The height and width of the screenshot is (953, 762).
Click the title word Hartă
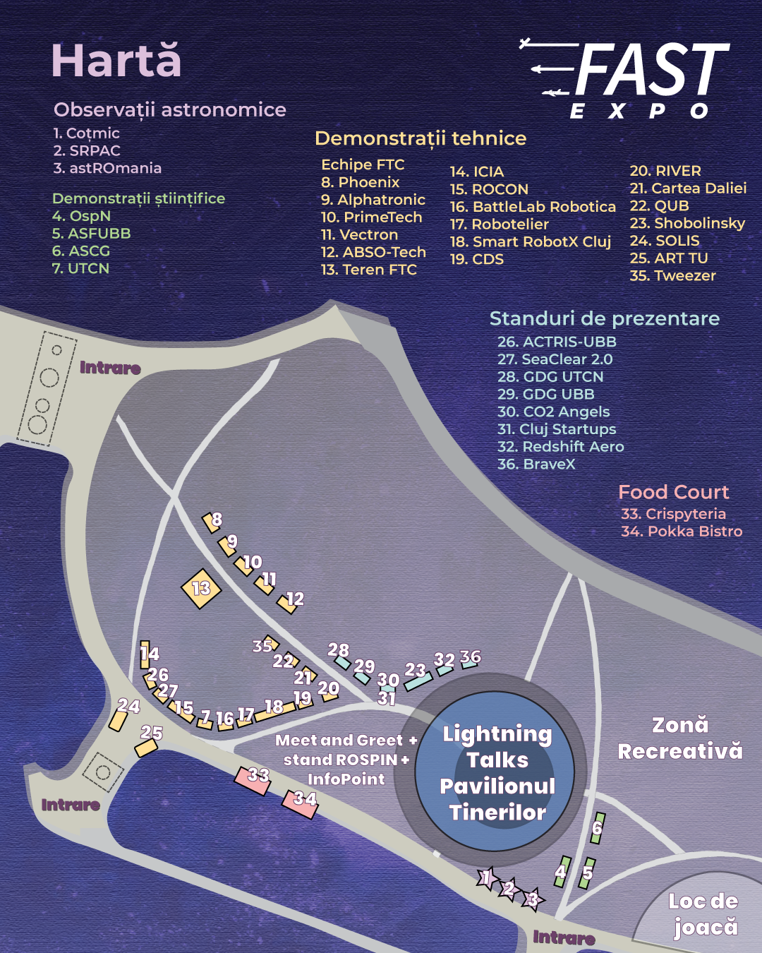click(116, 61)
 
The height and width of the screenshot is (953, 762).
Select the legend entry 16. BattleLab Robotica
click(533, 207)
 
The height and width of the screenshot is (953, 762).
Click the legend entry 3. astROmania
click(107, 168)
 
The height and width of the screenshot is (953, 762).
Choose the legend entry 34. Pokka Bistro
click(681, 532)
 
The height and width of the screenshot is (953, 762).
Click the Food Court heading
click(673, 492)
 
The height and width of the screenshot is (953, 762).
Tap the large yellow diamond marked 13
click(201, 588)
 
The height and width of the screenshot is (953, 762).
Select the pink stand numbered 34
click(301, 803)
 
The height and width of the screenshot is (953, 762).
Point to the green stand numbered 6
click(598, 828)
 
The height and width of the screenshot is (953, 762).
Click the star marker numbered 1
click(487, 878)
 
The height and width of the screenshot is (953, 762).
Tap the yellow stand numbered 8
click(211, 522)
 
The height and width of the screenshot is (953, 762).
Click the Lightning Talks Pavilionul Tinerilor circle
click(497, 773)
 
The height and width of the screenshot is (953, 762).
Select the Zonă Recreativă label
click(679, 738)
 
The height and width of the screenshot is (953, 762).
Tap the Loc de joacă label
click(703, 913)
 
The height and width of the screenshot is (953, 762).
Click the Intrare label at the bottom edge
click(563, 937)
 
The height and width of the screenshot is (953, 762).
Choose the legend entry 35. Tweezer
click(672, 276)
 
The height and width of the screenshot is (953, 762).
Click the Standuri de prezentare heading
click(604, 318)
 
